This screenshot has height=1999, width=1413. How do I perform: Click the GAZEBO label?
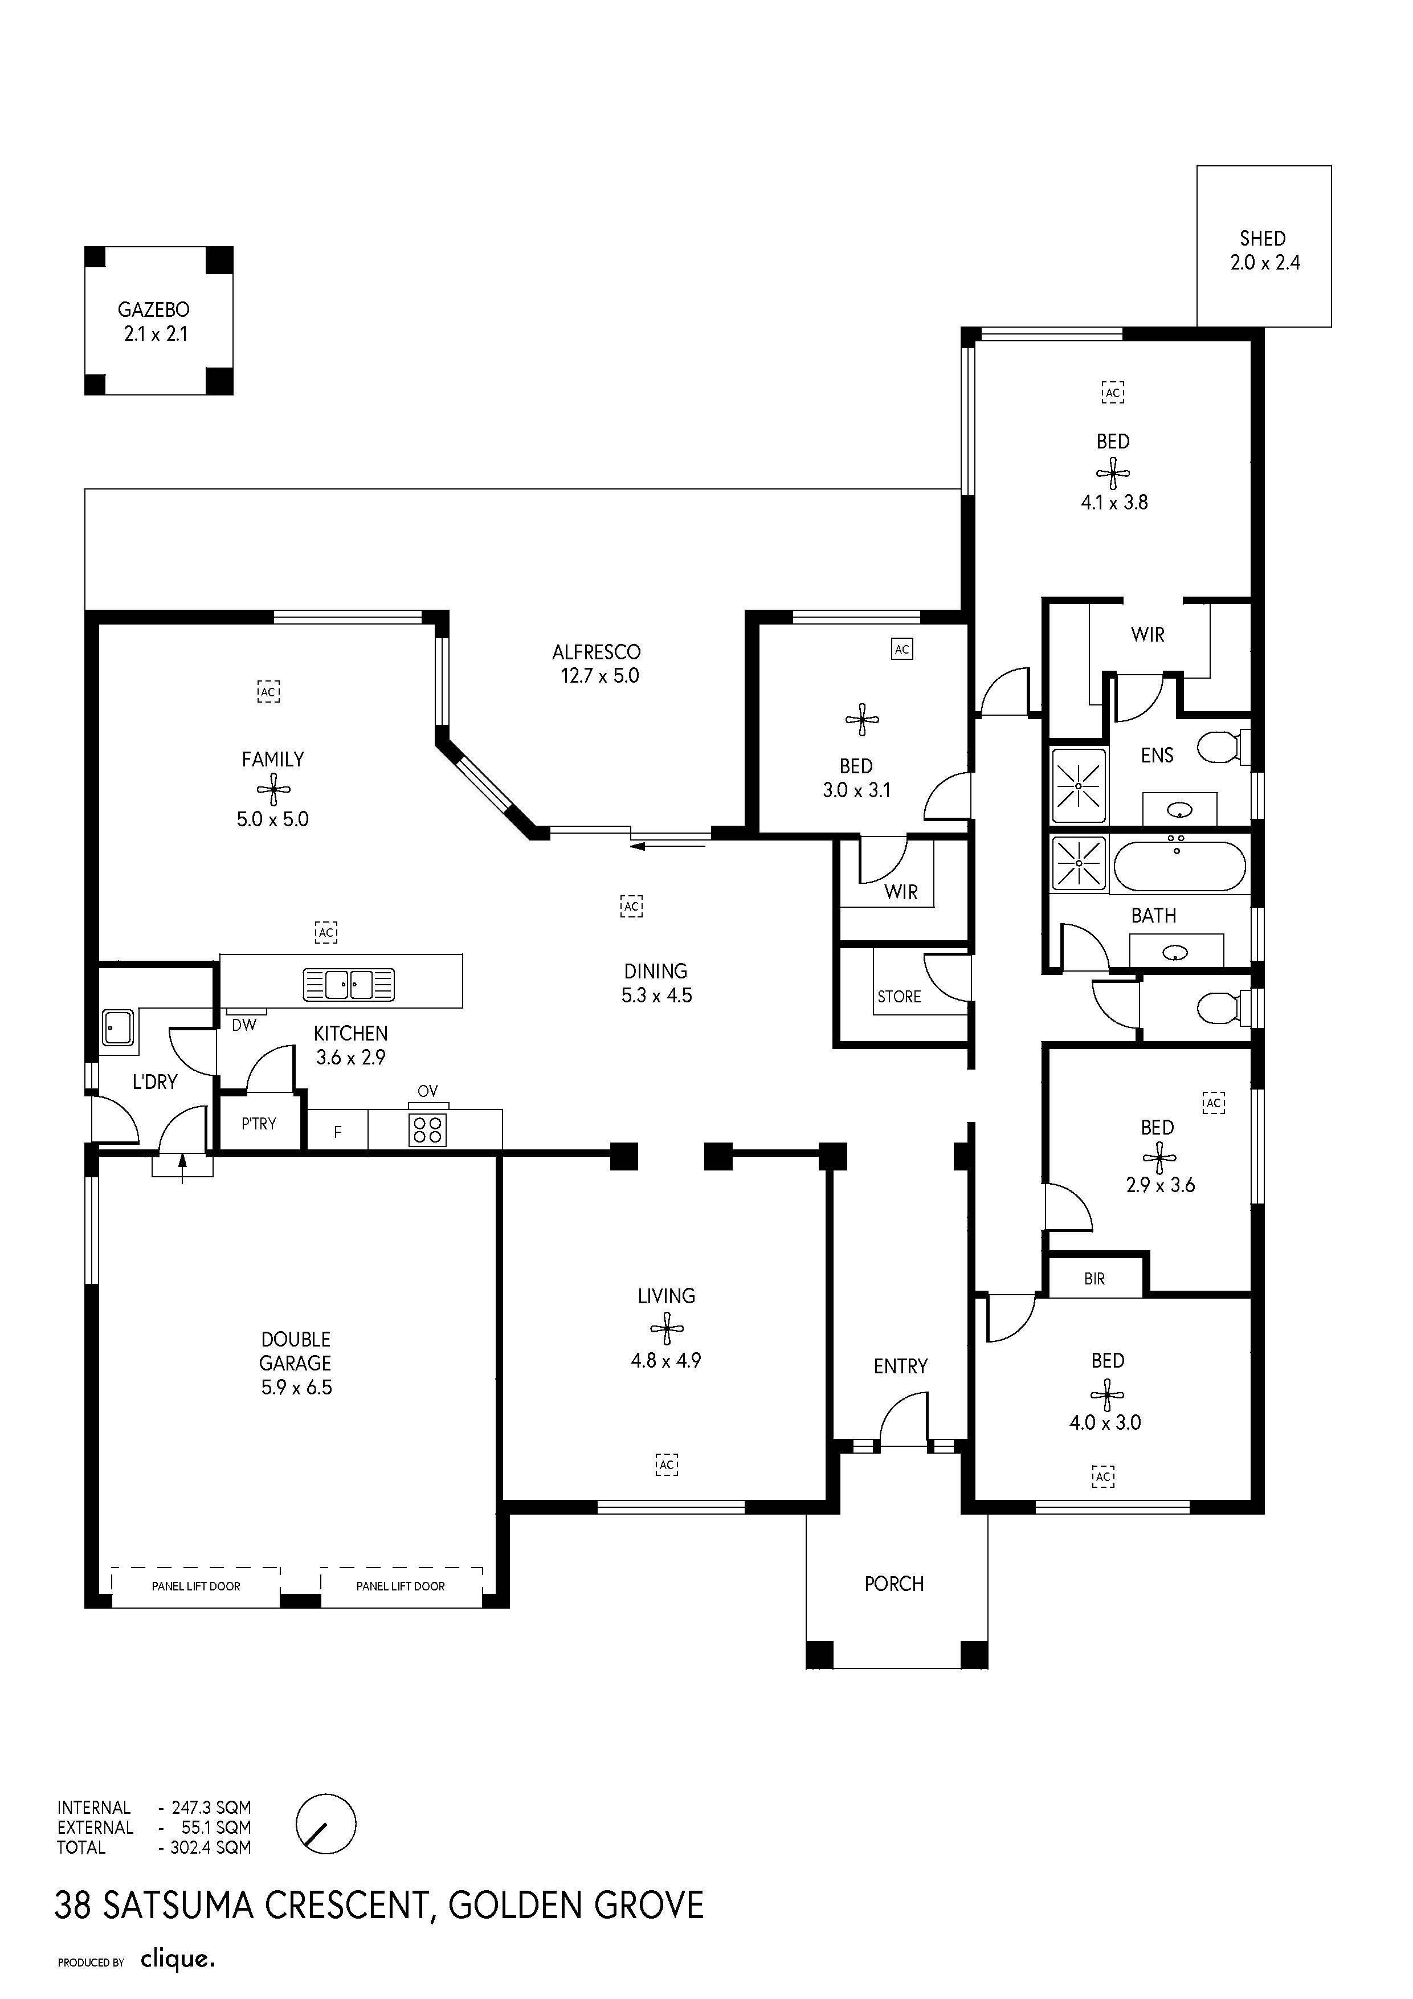[153, 309]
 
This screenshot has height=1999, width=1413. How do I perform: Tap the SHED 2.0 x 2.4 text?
[1264, 250]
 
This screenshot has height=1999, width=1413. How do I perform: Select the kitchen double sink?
[348, 984]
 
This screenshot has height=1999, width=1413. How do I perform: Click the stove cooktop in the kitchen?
[427, 1130]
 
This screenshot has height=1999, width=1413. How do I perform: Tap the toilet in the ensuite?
[1223, 747]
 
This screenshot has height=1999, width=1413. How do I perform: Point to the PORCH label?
[894, 1584]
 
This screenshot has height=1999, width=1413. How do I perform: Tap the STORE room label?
[899, 997]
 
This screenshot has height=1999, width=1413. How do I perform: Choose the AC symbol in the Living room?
[667, 1465]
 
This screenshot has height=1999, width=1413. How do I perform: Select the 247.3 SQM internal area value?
[211, 1808]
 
